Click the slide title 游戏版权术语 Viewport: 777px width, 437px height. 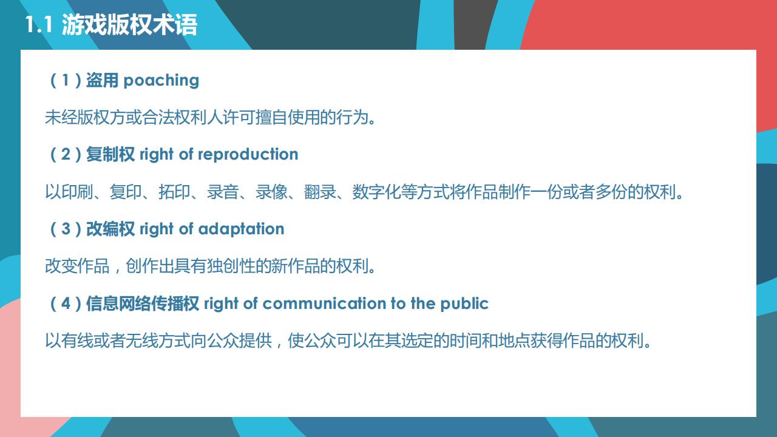129,25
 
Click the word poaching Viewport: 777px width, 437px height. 161,80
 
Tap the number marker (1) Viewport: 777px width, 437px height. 65,80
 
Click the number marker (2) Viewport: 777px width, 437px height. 65,154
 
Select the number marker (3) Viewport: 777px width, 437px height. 65,229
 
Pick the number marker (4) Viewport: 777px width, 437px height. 65,303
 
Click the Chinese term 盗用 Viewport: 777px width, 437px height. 102,80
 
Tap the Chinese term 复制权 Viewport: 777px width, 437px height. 110,154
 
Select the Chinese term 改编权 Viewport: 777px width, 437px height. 110,229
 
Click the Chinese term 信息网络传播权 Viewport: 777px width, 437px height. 142,303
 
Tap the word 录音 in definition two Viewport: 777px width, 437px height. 223,192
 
